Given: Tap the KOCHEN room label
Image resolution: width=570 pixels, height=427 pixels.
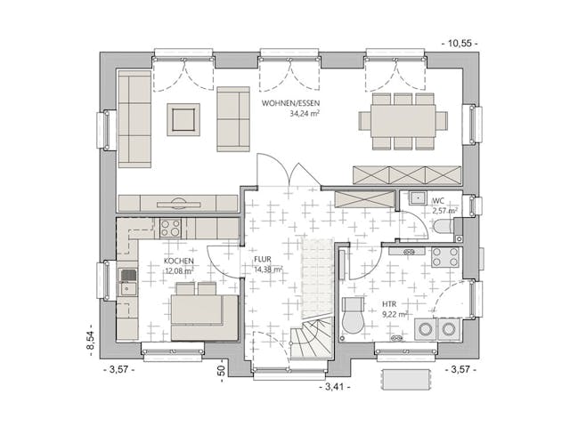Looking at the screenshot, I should coord(179,262).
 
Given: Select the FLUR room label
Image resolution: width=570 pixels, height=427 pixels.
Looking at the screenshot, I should coord(265,260).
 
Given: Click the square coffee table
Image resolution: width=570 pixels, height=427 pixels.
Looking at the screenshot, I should coord(183,119).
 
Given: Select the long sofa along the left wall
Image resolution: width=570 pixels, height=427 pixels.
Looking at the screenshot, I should coord(134,119).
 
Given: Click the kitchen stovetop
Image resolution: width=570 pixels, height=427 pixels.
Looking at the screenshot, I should coord(169,228).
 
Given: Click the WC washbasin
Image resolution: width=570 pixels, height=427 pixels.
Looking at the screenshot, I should coord(415,199).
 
